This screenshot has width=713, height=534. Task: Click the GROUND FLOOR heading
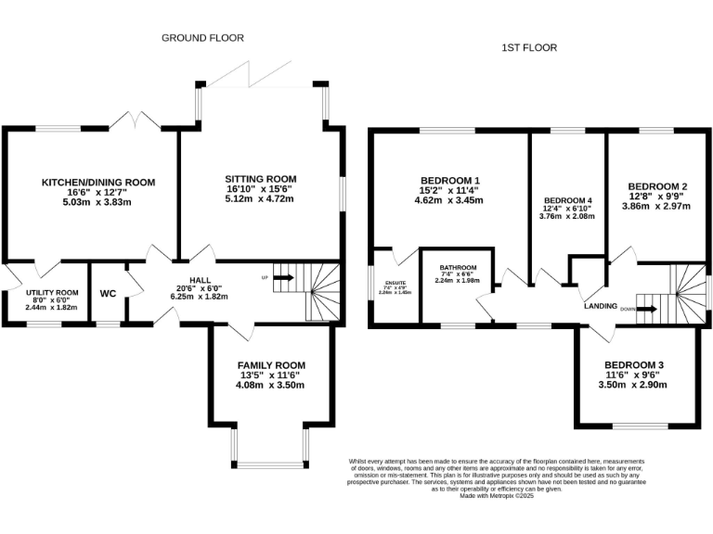[x=202, y=38]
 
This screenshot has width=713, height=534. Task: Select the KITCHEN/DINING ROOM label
[x=97, y=183]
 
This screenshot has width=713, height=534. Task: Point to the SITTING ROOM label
[x=260, y=179]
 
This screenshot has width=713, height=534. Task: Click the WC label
[x=108, y=294]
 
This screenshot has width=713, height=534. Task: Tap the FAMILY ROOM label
[x=270, y=365]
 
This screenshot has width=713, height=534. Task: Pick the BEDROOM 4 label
[x=567, y=200]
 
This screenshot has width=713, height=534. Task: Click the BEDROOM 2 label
[x=657, y=185]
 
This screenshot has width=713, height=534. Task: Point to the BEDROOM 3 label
[x=634, y=365]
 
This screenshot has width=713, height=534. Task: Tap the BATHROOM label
[x=458, y=267]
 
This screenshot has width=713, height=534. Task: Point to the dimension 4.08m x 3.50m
[x=270, y=385]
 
